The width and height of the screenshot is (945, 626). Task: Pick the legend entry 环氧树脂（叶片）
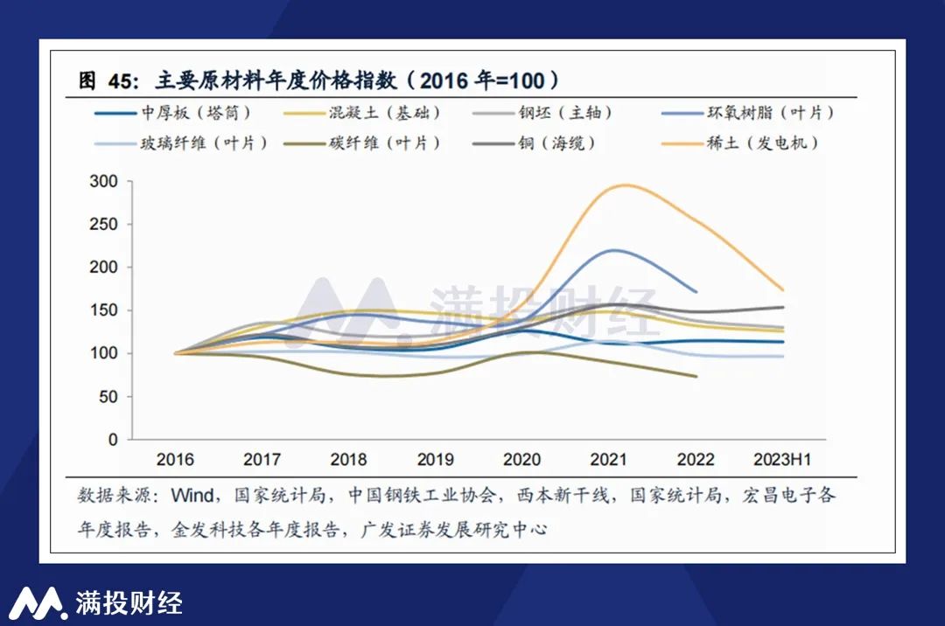click(770, 113)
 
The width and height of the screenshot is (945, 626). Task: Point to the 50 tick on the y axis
click(108, 397)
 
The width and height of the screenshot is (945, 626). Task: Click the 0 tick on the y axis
click(113, 440)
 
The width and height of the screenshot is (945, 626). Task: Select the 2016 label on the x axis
click(175, 460)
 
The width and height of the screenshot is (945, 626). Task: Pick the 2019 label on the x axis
click(435, 460)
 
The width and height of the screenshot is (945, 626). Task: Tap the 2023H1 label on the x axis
click(782, 460)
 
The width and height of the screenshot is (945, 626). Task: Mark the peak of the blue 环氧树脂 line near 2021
click(617, 250)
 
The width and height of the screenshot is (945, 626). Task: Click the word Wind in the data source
click(192, 496)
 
